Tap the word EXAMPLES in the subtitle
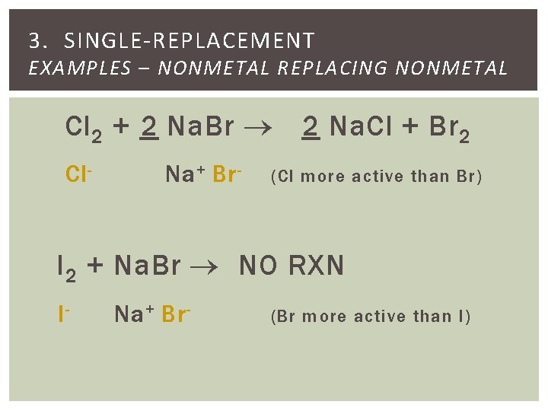click(79, 68)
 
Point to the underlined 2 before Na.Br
click(149, 126)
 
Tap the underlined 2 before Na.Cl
click(309, 126)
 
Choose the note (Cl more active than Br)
click(376, 177)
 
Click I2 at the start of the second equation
click(66, 267)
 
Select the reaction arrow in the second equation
click(207, 267)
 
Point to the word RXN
click(316, 266)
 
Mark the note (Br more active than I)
click(371, 316)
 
